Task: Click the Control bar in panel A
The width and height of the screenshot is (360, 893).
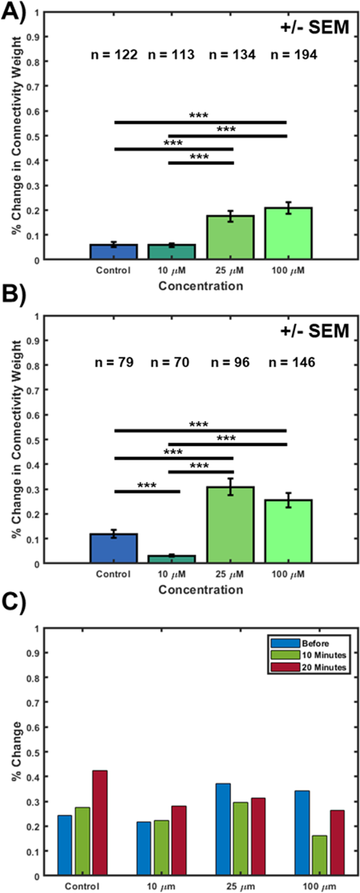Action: tap(114, 252)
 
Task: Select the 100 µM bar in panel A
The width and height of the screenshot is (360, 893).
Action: tap(288, 233)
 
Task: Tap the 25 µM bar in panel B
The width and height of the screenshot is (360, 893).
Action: tap(230, 525)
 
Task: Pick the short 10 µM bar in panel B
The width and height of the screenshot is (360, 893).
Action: tap(172, 559)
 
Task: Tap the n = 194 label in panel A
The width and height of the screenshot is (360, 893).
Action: tap(294, 55)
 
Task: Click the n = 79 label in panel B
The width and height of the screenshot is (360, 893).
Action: tap(114, 362)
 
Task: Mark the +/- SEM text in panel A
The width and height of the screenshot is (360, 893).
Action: tap(314, 27)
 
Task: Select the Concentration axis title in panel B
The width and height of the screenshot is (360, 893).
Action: tap(201, 589)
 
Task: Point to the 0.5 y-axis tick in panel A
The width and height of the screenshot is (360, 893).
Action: tap(34, 136)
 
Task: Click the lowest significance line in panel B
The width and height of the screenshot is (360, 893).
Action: tap(147, 491)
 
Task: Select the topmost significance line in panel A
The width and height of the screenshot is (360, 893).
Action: tap(200, 122)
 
